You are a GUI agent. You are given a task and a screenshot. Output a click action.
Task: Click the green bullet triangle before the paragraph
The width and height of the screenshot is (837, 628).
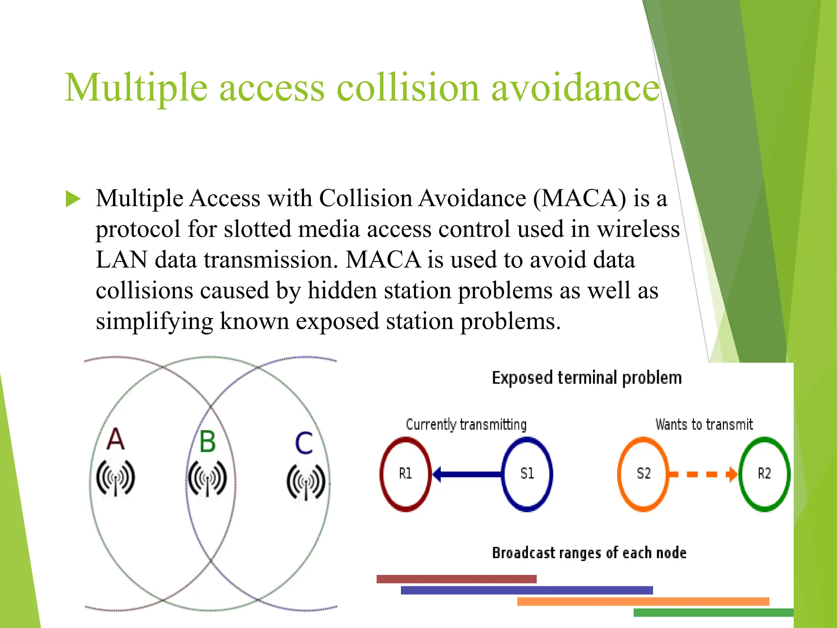73,199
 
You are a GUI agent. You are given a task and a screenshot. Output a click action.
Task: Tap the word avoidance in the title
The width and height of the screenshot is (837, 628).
575,87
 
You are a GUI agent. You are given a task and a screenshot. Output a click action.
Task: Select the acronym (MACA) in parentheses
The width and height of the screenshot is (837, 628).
580,199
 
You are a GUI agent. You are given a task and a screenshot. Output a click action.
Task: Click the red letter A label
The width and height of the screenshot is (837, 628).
115,439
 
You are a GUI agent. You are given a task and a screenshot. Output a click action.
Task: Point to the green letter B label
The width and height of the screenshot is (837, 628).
208,442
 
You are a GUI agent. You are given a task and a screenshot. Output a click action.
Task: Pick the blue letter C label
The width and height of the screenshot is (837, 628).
304,443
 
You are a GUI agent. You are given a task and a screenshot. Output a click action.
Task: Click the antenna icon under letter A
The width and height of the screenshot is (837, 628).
116,478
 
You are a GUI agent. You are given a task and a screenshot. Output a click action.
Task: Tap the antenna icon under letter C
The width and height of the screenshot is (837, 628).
306,482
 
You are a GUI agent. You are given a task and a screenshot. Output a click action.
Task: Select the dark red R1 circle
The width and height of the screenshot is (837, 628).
405,474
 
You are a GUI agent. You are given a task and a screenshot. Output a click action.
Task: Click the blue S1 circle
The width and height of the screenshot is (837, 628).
527,474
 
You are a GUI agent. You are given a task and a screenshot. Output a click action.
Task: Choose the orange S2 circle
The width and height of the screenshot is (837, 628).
643,474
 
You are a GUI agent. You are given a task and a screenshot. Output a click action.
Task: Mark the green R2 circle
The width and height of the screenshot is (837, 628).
764,474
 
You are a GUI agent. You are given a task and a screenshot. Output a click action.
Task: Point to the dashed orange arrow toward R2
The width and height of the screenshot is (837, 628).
703,474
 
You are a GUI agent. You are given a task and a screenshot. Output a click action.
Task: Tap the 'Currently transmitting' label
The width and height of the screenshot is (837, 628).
466,424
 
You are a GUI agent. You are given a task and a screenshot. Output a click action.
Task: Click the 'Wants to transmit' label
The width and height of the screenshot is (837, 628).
704,424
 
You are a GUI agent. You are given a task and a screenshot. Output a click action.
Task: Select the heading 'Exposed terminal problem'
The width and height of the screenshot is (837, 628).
586,378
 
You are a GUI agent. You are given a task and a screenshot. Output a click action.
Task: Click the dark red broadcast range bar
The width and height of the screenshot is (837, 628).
456,579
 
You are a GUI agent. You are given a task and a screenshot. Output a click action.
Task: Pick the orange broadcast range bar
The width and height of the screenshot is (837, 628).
643,601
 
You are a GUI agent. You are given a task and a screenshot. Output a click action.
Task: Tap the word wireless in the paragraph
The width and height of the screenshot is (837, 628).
638,229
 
